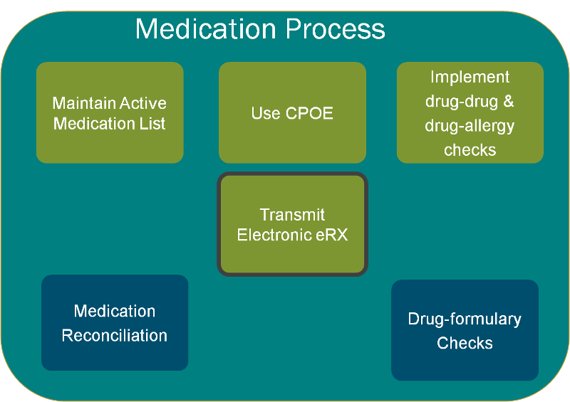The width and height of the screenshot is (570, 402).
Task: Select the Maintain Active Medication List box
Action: tap(110, 112)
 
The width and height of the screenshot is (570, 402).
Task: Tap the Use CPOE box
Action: tap(292, 112)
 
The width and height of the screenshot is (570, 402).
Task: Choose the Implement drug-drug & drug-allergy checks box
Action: tap(470, 112)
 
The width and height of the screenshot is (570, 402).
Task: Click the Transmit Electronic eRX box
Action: tap(292, 224)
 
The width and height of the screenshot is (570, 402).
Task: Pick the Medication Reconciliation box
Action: tap(115, 322)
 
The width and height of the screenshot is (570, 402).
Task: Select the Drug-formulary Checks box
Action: tap(465, 330)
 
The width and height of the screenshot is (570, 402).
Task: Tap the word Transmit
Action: tap(292, 215)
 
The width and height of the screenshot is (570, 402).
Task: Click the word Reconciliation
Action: tap(115, 335)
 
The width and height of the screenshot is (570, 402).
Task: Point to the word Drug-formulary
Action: tap(465, 319)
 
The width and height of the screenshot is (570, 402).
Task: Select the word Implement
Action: tap(470, 77)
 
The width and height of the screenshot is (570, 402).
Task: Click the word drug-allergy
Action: tap(470, 126)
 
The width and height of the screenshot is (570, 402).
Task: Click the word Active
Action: tap(142, 103)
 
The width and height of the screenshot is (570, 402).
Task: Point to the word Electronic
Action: tap(274, 235)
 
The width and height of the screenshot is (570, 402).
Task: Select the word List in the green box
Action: tap(152, 124)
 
